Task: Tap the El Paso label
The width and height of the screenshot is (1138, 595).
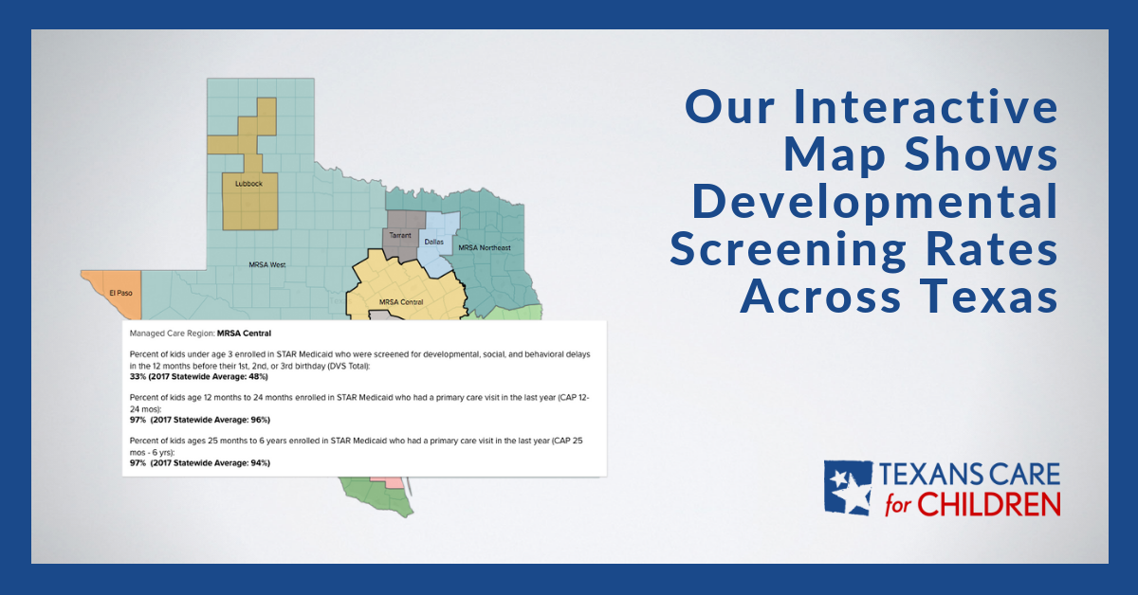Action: click(x=120, y=292)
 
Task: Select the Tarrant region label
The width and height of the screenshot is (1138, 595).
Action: click(x=400, y=234)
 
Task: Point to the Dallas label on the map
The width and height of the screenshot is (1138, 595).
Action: click(x=434, y=242)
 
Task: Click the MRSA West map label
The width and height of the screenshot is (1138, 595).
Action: click(x=266, y=265)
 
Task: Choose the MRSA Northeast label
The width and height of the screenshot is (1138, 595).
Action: click(x=484, y=248)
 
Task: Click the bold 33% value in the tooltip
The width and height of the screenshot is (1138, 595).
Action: click(x=139, y=376)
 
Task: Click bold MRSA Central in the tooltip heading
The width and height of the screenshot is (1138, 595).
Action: click(x=244, y=334)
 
